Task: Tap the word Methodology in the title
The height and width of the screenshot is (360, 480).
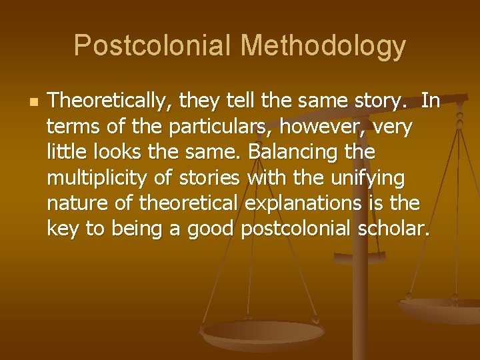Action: click(323, 47)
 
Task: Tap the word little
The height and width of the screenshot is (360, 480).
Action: click(65, 153)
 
